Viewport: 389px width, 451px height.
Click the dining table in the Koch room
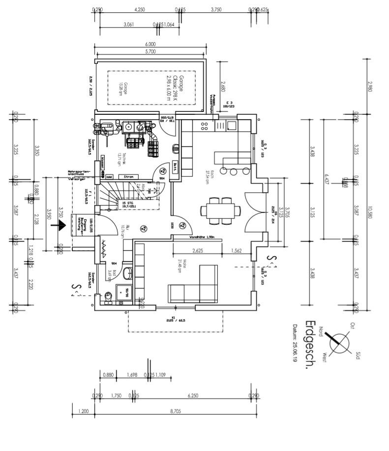220,211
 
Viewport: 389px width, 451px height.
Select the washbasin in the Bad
127,273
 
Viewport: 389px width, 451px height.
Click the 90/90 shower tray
124,292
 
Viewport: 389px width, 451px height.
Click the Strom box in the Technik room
129,176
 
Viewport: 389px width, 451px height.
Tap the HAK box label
110,176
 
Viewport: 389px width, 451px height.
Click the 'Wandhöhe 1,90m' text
202,237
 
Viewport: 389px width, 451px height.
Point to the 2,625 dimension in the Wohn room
198,251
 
